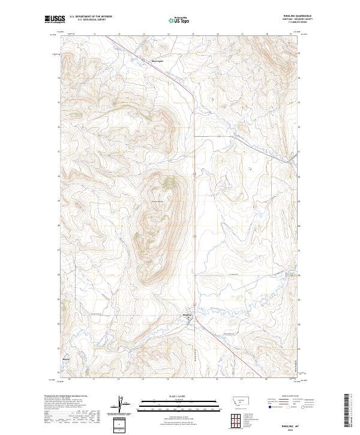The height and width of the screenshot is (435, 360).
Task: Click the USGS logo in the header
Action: coord(55,19)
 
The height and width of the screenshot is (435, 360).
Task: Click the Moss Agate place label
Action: coord(164,60)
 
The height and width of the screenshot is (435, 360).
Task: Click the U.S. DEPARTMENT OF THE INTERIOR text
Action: coord(91,16)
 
